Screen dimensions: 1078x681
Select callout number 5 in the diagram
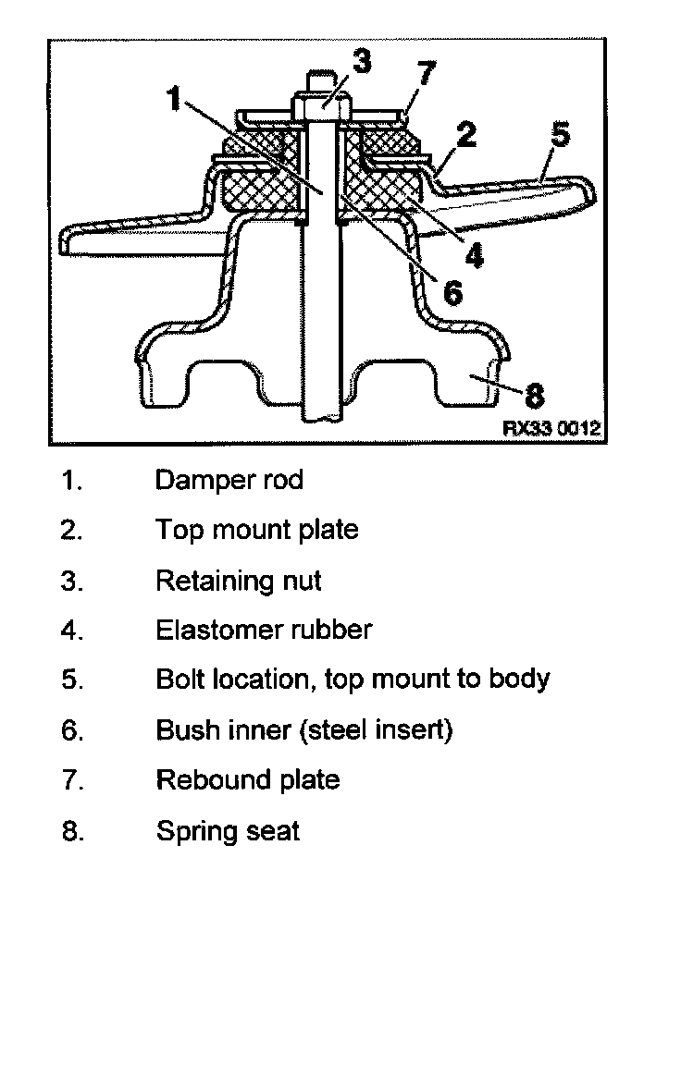coord(559,134)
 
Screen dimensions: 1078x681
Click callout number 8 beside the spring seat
coord(535,397)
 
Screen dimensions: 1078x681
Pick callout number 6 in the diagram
coord(452,291)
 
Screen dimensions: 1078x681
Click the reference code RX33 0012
coord(551,429)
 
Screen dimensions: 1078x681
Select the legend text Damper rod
coord(229,480)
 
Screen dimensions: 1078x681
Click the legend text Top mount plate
coord(256,530)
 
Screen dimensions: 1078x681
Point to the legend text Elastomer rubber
coord(264,631)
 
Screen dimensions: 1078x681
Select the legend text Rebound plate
coord(247,779)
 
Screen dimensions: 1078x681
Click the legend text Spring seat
coord(228,830)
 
